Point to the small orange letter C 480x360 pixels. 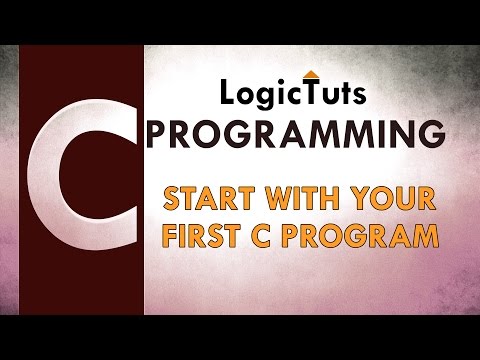click(270, 237)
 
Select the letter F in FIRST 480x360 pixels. click(171, 237)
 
